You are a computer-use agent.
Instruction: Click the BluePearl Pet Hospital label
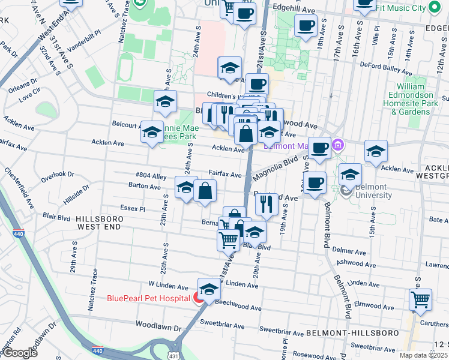tap(149, 298)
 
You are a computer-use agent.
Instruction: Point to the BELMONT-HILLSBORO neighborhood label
tap(344, 332)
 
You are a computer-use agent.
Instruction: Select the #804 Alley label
tap(151, 176)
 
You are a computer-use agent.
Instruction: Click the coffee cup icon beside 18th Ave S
tap(306, 26)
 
